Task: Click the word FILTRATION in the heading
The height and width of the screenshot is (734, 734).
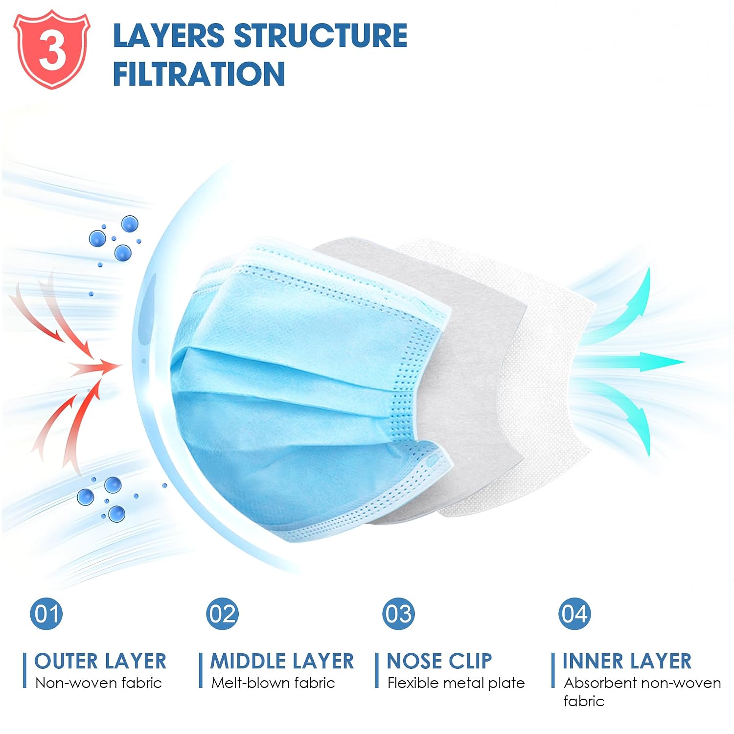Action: pyautogui.click(x=199, y=74)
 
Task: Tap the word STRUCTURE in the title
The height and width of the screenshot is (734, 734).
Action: pyautogui.click(x=321, y=36)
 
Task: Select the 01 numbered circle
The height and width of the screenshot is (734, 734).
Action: pyautogui.click(x=46, y=614)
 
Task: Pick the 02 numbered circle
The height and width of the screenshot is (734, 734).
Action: pyautogui.click(x=223, y=614)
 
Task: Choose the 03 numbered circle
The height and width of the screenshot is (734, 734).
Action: pyautogui.click(x=399, y=614)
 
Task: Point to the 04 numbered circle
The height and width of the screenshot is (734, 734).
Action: pyautogui.click(x=575, y=614)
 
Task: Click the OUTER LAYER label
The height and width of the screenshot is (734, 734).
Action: pyautogui.click(x=100, y=661)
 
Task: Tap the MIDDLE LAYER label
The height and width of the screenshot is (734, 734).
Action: pyautogui.click(x=282, y=661)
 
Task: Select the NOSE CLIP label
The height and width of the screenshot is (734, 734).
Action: pyautogui.click(x=439, y=661)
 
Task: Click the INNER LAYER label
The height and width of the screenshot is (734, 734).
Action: pyautogui.click(x=627, y=661)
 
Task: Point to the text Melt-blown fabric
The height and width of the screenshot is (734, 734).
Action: pyautogui.click(x=273, y=683)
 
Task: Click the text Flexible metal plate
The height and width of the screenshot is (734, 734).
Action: pyautogui.click(x=456, y=683)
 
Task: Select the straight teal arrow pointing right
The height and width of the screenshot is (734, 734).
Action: pyautogui.click(x=631, y=362)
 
